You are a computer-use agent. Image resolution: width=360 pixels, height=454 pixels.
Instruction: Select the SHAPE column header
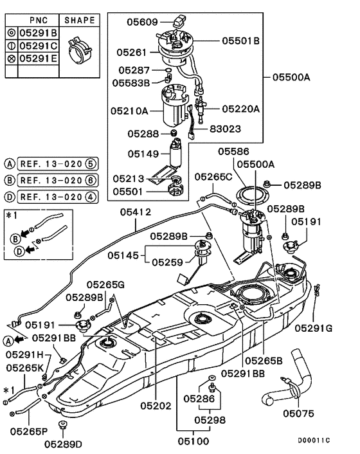81,21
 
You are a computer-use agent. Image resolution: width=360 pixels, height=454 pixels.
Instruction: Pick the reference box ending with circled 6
56,181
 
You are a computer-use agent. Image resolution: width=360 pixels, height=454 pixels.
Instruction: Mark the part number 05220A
241,109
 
